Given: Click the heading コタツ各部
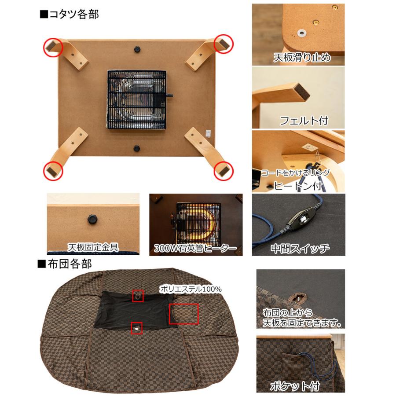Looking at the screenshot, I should [69, 14].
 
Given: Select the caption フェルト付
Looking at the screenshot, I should [304, 120].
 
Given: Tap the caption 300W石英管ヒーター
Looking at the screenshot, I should [195, 249].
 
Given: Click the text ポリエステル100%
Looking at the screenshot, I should [191, 289].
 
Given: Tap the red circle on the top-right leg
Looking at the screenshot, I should [223, 44].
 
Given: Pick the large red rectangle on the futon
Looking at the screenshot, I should [183, 313].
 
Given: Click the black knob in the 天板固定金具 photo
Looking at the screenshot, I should [92, 218].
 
